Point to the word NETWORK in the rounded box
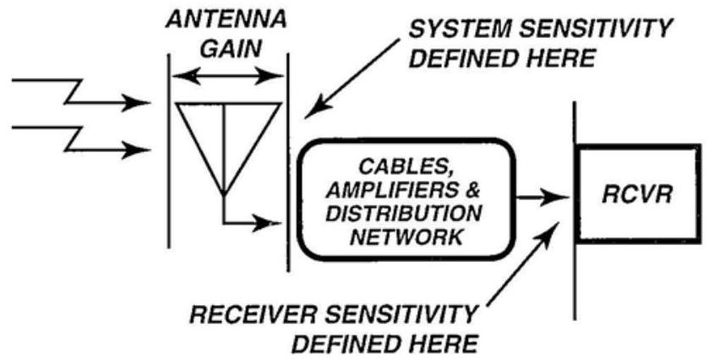point(412,234)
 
